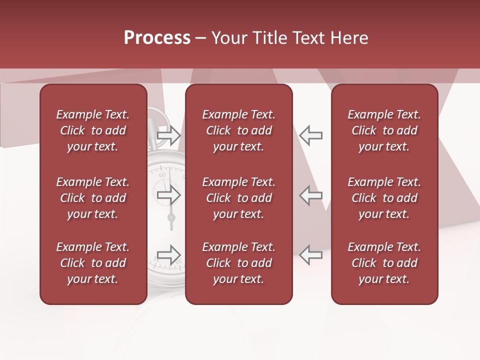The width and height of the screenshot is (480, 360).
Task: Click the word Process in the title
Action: click(157, 38)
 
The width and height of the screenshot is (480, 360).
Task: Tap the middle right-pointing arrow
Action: click(168, 195)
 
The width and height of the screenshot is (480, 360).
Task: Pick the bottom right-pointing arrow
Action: click(168, 254)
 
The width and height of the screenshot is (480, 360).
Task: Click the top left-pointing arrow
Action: click(311, 135)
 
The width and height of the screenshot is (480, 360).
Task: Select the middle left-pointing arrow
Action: click(311, 195)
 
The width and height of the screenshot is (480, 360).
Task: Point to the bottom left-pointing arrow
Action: click(311, 254)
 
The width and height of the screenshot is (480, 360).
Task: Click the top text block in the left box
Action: click(93, 130)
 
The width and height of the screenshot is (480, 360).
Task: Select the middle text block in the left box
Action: click(93, 198)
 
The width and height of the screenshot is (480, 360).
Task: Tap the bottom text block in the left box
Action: click(93, 263)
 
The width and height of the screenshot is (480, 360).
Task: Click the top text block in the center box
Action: click(239, 130)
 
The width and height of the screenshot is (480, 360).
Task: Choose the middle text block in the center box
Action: click(239, 198)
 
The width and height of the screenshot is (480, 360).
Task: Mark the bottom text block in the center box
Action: click(239, 263)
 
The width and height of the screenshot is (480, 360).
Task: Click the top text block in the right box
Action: click(384, 130)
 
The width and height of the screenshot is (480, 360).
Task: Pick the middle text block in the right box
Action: click(384, 198)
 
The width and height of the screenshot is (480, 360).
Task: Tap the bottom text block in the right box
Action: click(384, 263)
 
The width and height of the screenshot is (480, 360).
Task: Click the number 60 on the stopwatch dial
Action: click(162, 175)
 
